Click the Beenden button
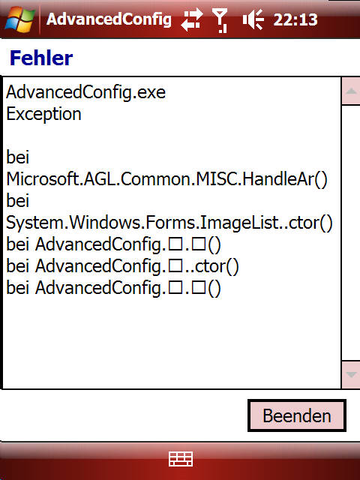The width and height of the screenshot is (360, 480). (297, 415)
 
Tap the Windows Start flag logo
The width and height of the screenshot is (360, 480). (20, 19)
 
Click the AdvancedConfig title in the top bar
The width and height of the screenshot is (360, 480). (109, 20)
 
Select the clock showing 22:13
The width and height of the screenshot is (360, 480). (295, 20)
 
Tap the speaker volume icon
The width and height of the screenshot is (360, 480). (253, 20)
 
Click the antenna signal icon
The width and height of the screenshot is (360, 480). (220, 20)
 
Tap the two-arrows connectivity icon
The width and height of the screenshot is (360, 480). (192, 20)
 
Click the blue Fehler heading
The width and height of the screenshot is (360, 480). (41, 58)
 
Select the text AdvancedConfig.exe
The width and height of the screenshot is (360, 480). (85, 92)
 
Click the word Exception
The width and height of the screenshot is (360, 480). (43, 115)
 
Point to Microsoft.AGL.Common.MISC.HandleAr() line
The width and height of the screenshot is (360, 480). (166, 179)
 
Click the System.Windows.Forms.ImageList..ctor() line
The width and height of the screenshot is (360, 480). (169, 223)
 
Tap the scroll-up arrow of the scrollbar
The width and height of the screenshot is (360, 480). (351, 91)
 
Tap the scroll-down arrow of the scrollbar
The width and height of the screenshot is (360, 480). (351, 375)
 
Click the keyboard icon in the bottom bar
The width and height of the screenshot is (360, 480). (181, 459)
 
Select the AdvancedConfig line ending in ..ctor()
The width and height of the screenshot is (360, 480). (122, 266)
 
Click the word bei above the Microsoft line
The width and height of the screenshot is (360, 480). (18, 157)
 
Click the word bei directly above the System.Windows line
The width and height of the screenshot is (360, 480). (18, 201)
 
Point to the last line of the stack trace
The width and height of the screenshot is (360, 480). (113, 288)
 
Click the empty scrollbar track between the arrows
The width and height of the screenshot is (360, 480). (351, 233)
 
